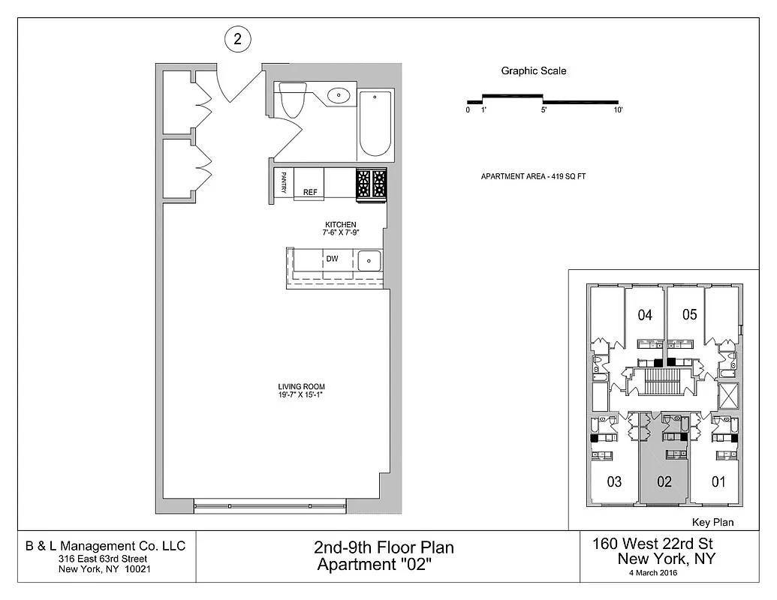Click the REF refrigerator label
point(310,192)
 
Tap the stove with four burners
point(371,184)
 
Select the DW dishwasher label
point(332,259)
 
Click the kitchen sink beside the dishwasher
point(369,262)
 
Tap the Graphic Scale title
point(534,71)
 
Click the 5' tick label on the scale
point(544,110)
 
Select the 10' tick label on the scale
point(618,110)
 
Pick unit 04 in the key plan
point(645,315)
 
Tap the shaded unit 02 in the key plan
point(664,481)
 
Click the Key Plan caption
point(711,523)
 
